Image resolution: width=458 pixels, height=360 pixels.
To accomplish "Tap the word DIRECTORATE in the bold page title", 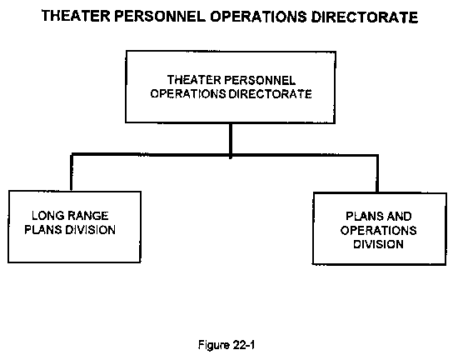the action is pos(364,17).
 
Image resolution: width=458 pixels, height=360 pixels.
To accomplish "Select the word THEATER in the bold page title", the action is pos(76,17).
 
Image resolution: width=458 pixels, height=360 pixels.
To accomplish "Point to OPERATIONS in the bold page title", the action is pos(258,17).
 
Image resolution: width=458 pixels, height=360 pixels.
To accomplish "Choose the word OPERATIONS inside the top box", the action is pos(188,94).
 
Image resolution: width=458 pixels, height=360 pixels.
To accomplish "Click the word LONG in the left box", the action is pos(48,216).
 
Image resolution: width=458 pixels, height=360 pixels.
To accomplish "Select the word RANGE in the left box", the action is pos(88,216).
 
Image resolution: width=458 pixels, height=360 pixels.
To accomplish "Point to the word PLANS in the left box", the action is pos(43,230).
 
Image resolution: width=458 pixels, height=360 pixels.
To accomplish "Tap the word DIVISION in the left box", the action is pos(90,230).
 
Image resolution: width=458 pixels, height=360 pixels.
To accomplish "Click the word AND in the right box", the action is pos(398,217).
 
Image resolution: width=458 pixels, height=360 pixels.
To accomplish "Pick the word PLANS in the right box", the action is pos(364,217).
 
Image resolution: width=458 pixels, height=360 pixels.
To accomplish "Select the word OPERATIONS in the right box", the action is pos(379,231).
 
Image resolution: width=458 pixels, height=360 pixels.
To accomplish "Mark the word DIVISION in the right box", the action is pos(379,244).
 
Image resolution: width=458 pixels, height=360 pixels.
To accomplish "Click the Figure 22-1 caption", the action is pos(227,345).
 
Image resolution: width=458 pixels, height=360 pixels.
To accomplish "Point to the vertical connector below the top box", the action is pos(231,141).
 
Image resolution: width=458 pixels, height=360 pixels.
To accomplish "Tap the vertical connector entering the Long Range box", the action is pos(72,172).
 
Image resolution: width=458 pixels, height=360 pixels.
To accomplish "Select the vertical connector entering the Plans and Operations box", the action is pos(377,174).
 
